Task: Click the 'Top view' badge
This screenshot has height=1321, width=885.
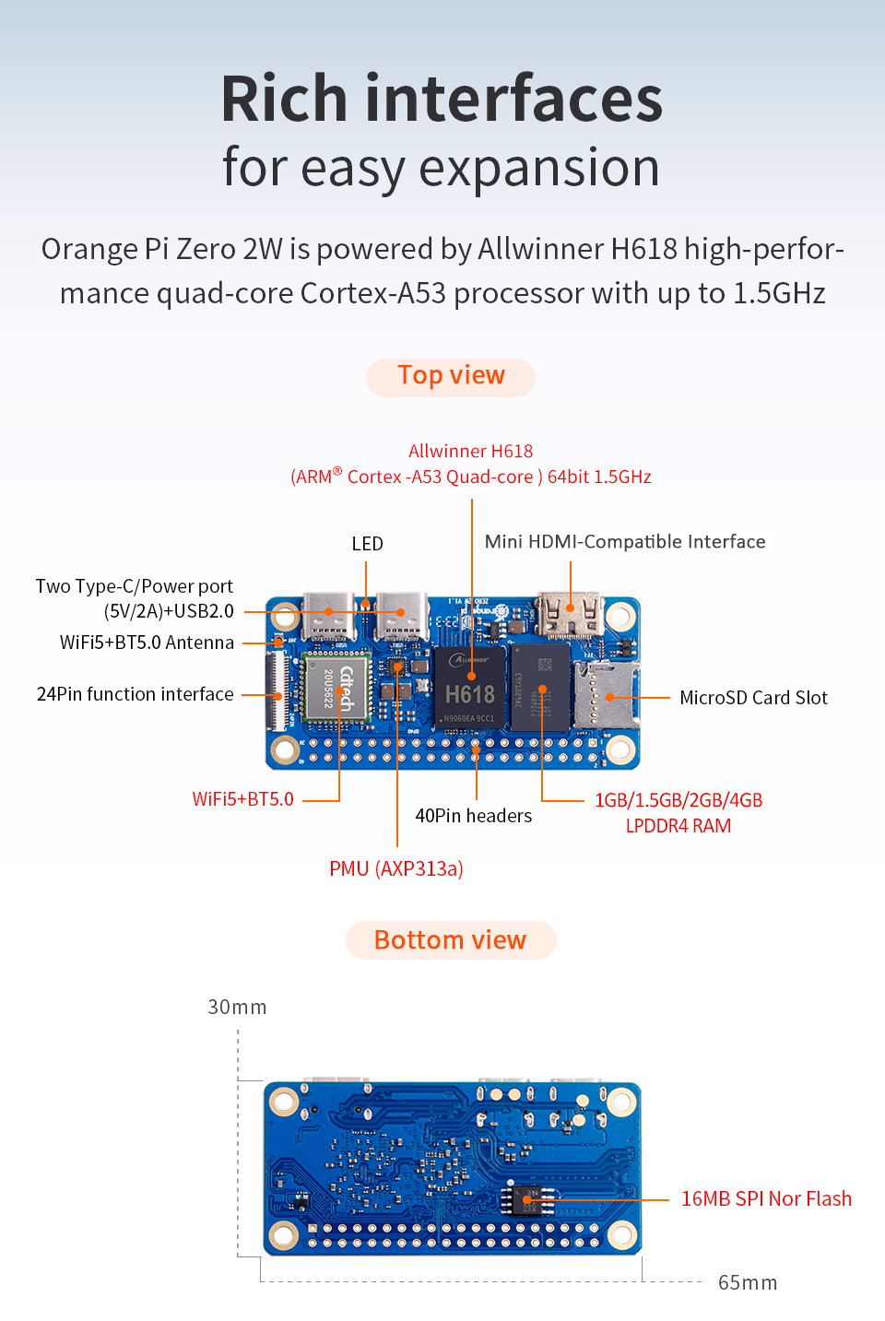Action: tap(451, 376)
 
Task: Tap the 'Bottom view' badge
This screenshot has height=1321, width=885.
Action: tap(450, 940)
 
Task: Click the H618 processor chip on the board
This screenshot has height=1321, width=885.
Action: tap(470, 690)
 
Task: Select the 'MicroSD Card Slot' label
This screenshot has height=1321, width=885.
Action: tap(753, 698)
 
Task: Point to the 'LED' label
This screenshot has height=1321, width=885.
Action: tap(367, 544)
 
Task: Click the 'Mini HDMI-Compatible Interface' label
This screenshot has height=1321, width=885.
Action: tap(625, 542)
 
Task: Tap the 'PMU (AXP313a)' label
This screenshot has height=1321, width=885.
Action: tap(396, 868)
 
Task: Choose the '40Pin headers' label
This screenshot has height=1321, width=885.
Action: tap(473, 816)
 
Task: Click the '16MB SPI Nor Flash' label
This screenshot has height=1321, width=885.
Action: tap(766, 1198)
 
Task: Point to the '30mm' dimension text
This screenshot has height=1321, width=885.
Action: tap(237, 1007)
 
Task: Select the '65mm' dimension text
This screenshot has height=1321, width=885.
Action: tap(747, 1282)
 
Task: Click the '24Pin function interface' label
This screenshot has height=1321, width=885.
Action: tap(136, 694)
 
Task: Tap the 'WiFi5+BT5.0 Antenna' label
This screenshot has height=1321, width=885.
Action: tap(147, 643)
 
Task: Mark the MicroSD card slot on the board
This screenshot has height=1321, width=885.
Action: tap(606, 694)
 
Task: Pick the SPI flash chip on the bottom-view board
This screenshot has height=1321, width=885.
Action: tap(527, 1199)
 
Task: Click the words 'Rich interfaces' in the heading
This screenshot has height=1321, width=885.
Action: tap(442, 100)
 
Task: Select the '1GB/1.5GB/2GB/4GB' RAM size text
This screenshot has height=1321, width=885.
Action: tap(678, 800)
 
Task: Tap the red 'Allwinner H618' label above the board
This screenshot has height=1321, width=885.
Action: tap(470, 451)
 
